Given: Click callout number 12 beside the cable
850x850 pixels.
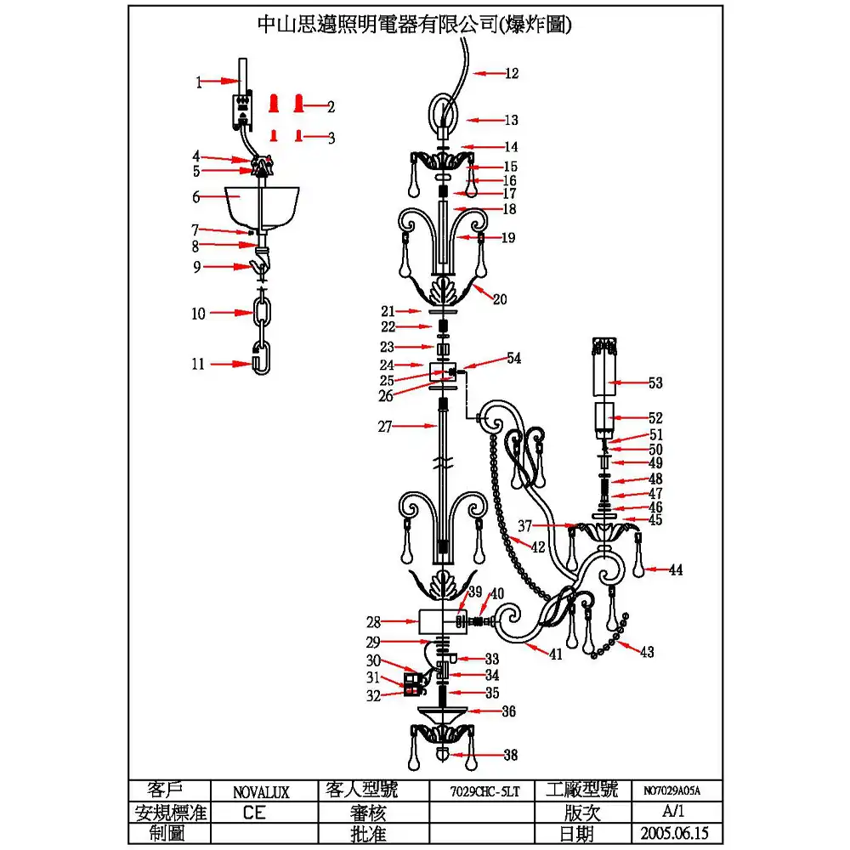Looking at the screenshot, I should pyautogui.click(x=511, y=74).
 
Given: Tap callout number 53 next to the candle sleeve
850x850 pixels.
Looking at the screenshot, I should pyautogui.click(x=654, y=383).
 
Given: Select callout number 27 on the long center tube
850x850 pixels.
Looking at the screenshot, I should pyautogui.click(x=385, y=428).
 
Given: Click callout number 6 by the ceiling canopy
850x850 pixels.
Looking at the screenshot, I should pyautogui.click(x=195, y=197).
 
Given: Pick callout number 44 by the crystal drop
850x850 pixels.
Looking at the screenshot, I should pyautogui.click(x=676, y=570).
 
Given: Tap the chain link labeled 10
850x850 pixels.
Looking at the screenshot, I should pyautogui.click(x=263, y=314).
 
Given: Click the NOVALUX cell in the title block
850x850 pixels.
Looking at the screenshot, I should pyautogui.click(x=261, y=791).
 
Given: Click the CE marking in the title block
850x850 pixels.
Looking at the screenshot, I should pyautogui.click(x=253, y=813).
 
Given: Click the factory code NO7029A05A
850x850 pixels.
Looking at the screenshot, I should pyautogui.click(x=671, y=791).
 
